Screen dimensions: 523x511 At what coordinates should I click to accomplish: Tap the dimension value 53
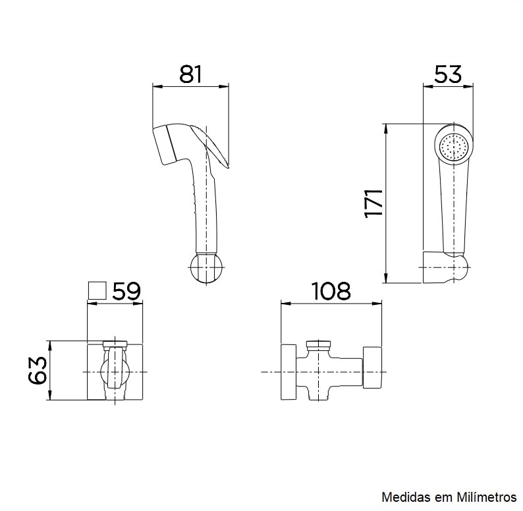point(448,74)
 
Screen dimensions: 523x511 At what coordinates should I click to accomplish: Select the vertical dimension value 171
point(373,203)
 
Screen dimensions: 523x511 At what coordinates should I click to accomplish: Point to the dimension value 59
point(126,291)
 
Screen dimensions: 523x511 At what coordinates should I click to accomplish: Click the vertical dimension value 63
point(38,370)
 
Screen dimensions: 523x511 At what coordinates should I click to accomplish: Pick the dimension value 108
point(331,291)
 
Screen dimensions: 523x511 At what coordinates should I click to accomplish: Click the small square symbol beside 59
point(97,290)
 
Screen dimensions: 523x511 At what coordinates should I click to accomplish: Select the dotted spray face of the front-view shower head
point(454,146)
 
